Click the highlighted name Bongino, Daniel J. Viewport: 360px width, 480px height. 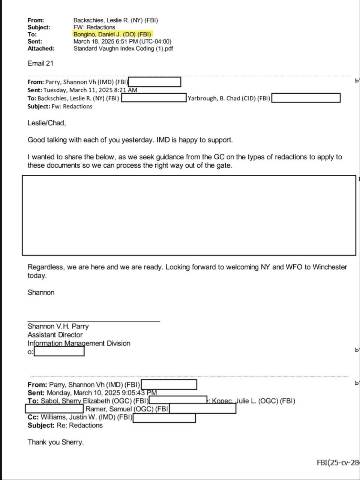(x=112, y=34)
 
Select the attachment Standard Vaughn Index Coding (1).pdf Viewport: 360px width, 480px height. (x=123, y=48)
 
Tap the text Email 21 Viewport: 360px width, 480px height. (x=40, y=63)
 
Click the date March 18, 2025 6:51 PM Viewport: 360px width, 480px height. (x=122, y=41)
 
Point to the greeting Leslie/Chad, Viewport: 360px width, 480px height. (x=46, y=123)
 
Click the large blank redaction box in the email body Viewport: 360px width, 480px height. (x=189, y=215)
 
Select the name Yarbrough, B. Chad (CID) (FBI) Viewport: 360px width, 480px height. (x=229, y=98)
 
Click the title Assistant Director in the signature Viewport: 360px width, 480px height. (x=55, y=335)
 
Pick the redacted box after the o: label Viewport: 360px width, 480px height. (x=59, y=352)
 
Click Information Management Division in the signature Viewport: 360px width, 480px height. (x=79, y=343)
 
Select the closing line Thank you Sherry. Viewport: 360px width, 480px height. (x=55, y=442)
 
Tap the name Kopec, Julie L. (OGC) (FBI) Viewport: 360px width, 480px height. (x=253, y=401)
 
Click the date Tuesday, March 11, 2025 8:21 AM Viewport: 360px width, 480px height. (x=90, y=90)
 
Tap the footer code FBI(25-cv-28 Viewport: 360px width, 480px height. (x=338, y=463)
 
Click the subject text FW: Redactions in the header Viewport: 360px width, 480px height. (x=94, y=27)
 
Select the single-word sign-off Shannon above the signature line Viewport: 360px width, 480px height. (x=41, y=292)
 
